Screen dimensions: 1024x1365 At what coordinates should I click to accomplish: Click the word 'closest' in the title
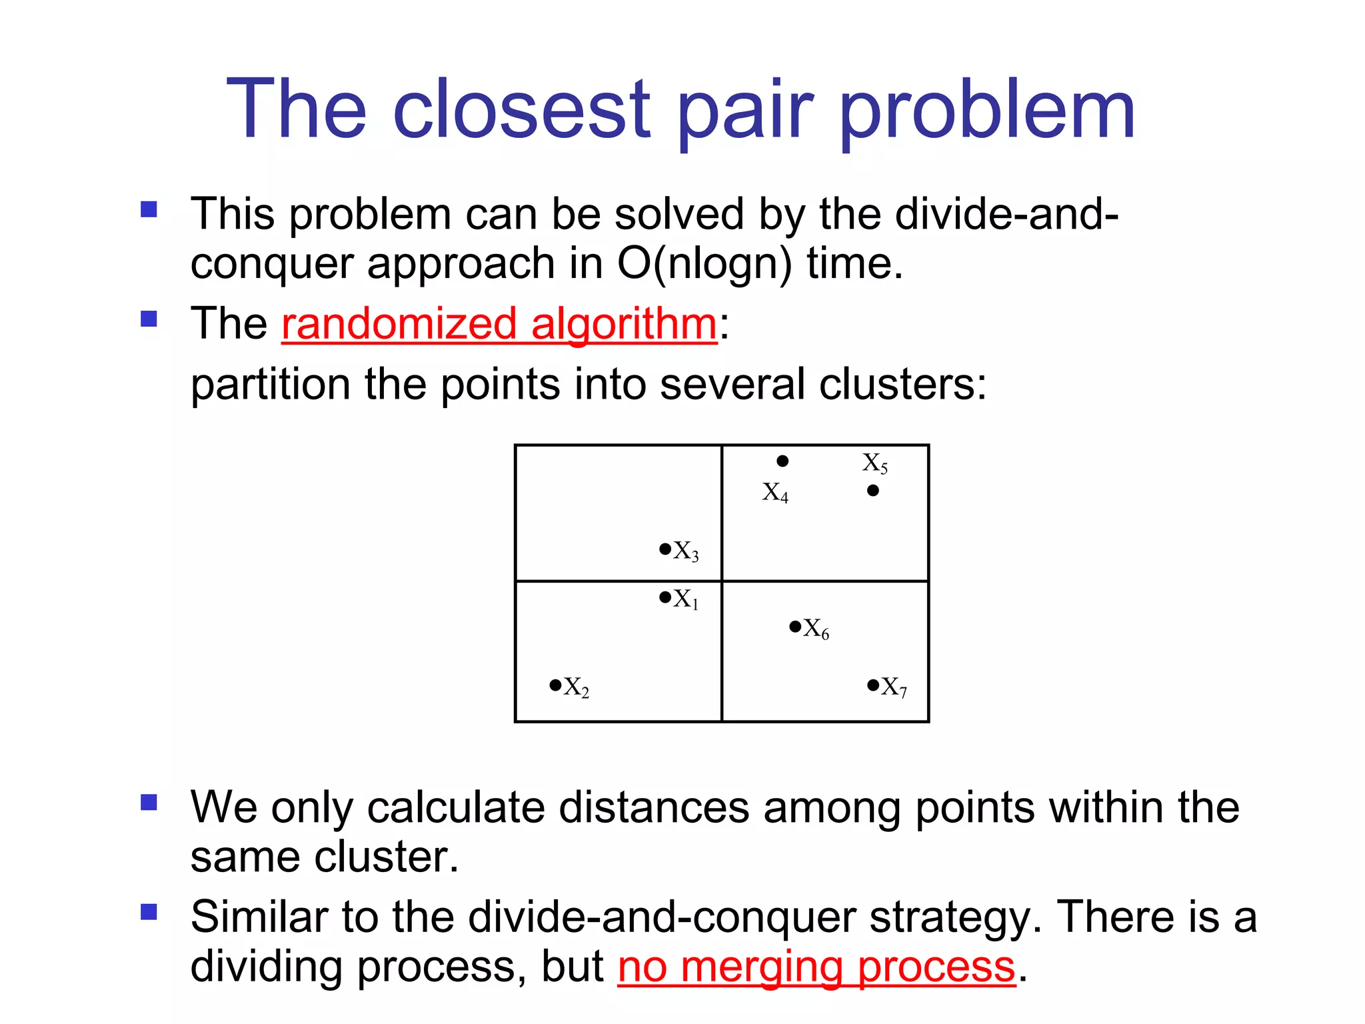521,110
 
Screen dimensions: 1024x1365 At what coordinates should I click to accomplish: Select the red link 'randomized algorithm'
499,325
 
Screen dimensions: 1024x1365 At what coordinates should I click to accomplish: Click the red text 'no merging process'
816,967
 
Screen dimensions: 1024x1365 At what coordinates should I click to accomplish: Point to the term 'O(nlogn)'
704,264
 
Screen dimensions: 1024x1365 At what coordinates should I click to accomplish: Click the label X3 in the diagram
686,551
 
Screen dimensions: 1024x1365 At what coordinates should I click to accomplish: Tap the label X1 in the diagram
686,599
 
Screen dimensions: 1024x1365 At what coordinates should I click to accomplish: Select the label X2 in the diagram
577,687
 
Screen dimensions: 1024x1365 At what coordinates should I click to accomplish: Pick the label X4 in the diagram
775,493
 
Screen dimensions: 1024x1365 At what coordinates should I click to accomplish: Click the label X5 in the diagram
875,463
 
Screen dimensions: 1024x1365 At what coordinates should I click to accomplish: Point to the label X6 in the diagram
816,629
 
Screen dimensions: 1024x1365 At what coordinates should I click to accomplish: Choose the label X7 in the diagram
894,687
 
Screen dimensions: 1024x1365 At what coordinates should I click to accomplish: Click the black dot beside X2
555,685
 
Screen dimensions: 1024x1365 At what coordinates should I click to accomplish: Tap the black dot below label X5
873,491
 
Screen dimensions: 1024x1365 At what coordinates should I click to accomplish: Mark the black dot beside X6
795,627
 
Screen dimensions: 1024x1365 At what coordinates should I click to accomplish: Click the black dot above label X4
783,461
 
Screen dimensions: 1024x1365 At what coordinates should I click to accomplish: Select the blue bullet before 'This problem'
149,210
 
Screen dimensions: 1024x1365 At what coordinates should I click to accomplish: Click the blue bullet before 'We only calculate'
149,802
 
